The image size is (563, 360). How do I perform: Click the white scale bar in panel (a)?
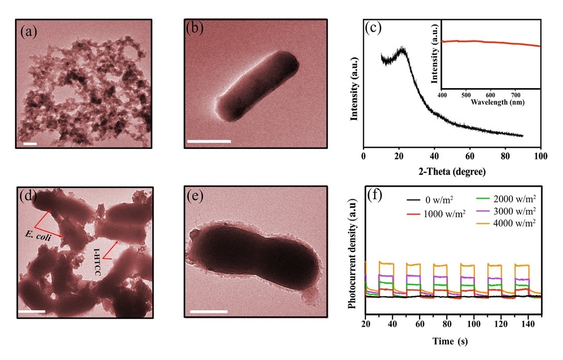(x=30, y=144)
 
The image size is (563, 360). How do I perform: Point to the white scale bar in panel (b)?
(x=209, y=141)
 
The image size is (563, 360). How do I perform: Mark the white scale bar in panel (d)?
(x=32, y=311)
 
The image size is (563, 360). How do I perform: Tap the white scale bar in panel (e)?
(x=208, y=311)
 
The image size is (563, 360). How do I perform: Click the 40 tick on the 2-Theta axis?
(x=434, y=156)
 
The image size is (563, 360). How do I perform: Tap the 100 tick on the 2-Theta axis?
(x=540, y=156)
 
